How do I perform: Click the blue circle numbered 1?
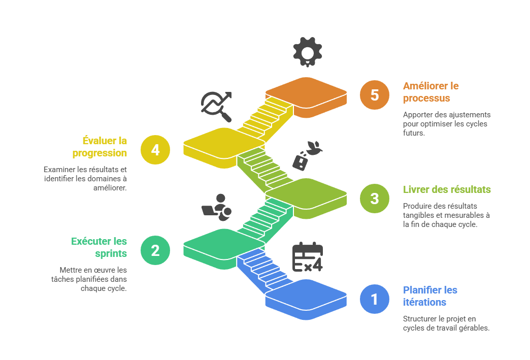pos(374,299)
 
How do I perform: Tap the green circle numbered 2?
pos(155,250)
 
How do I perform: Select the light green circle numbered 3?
pos(374,198)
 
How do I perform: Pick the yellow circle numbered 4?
pos(155,150)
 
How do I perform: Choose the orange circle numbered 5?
pos(374,95)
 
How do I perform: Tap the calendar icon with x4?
pos(308,257)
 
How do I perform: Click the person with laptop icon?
pos(217,208)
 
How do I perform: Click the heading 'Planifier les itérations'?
pos(430,296)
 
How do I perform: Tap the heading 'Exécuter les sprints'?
pos(100,247)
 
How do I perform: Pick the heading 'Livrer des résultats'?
pos(447,189)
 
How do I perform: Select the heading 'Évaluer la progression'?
pos(100,146)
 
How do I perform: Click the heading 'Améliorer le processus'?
pos(430,92)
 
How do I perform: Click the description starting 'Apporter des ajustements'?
pos(447,124)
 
